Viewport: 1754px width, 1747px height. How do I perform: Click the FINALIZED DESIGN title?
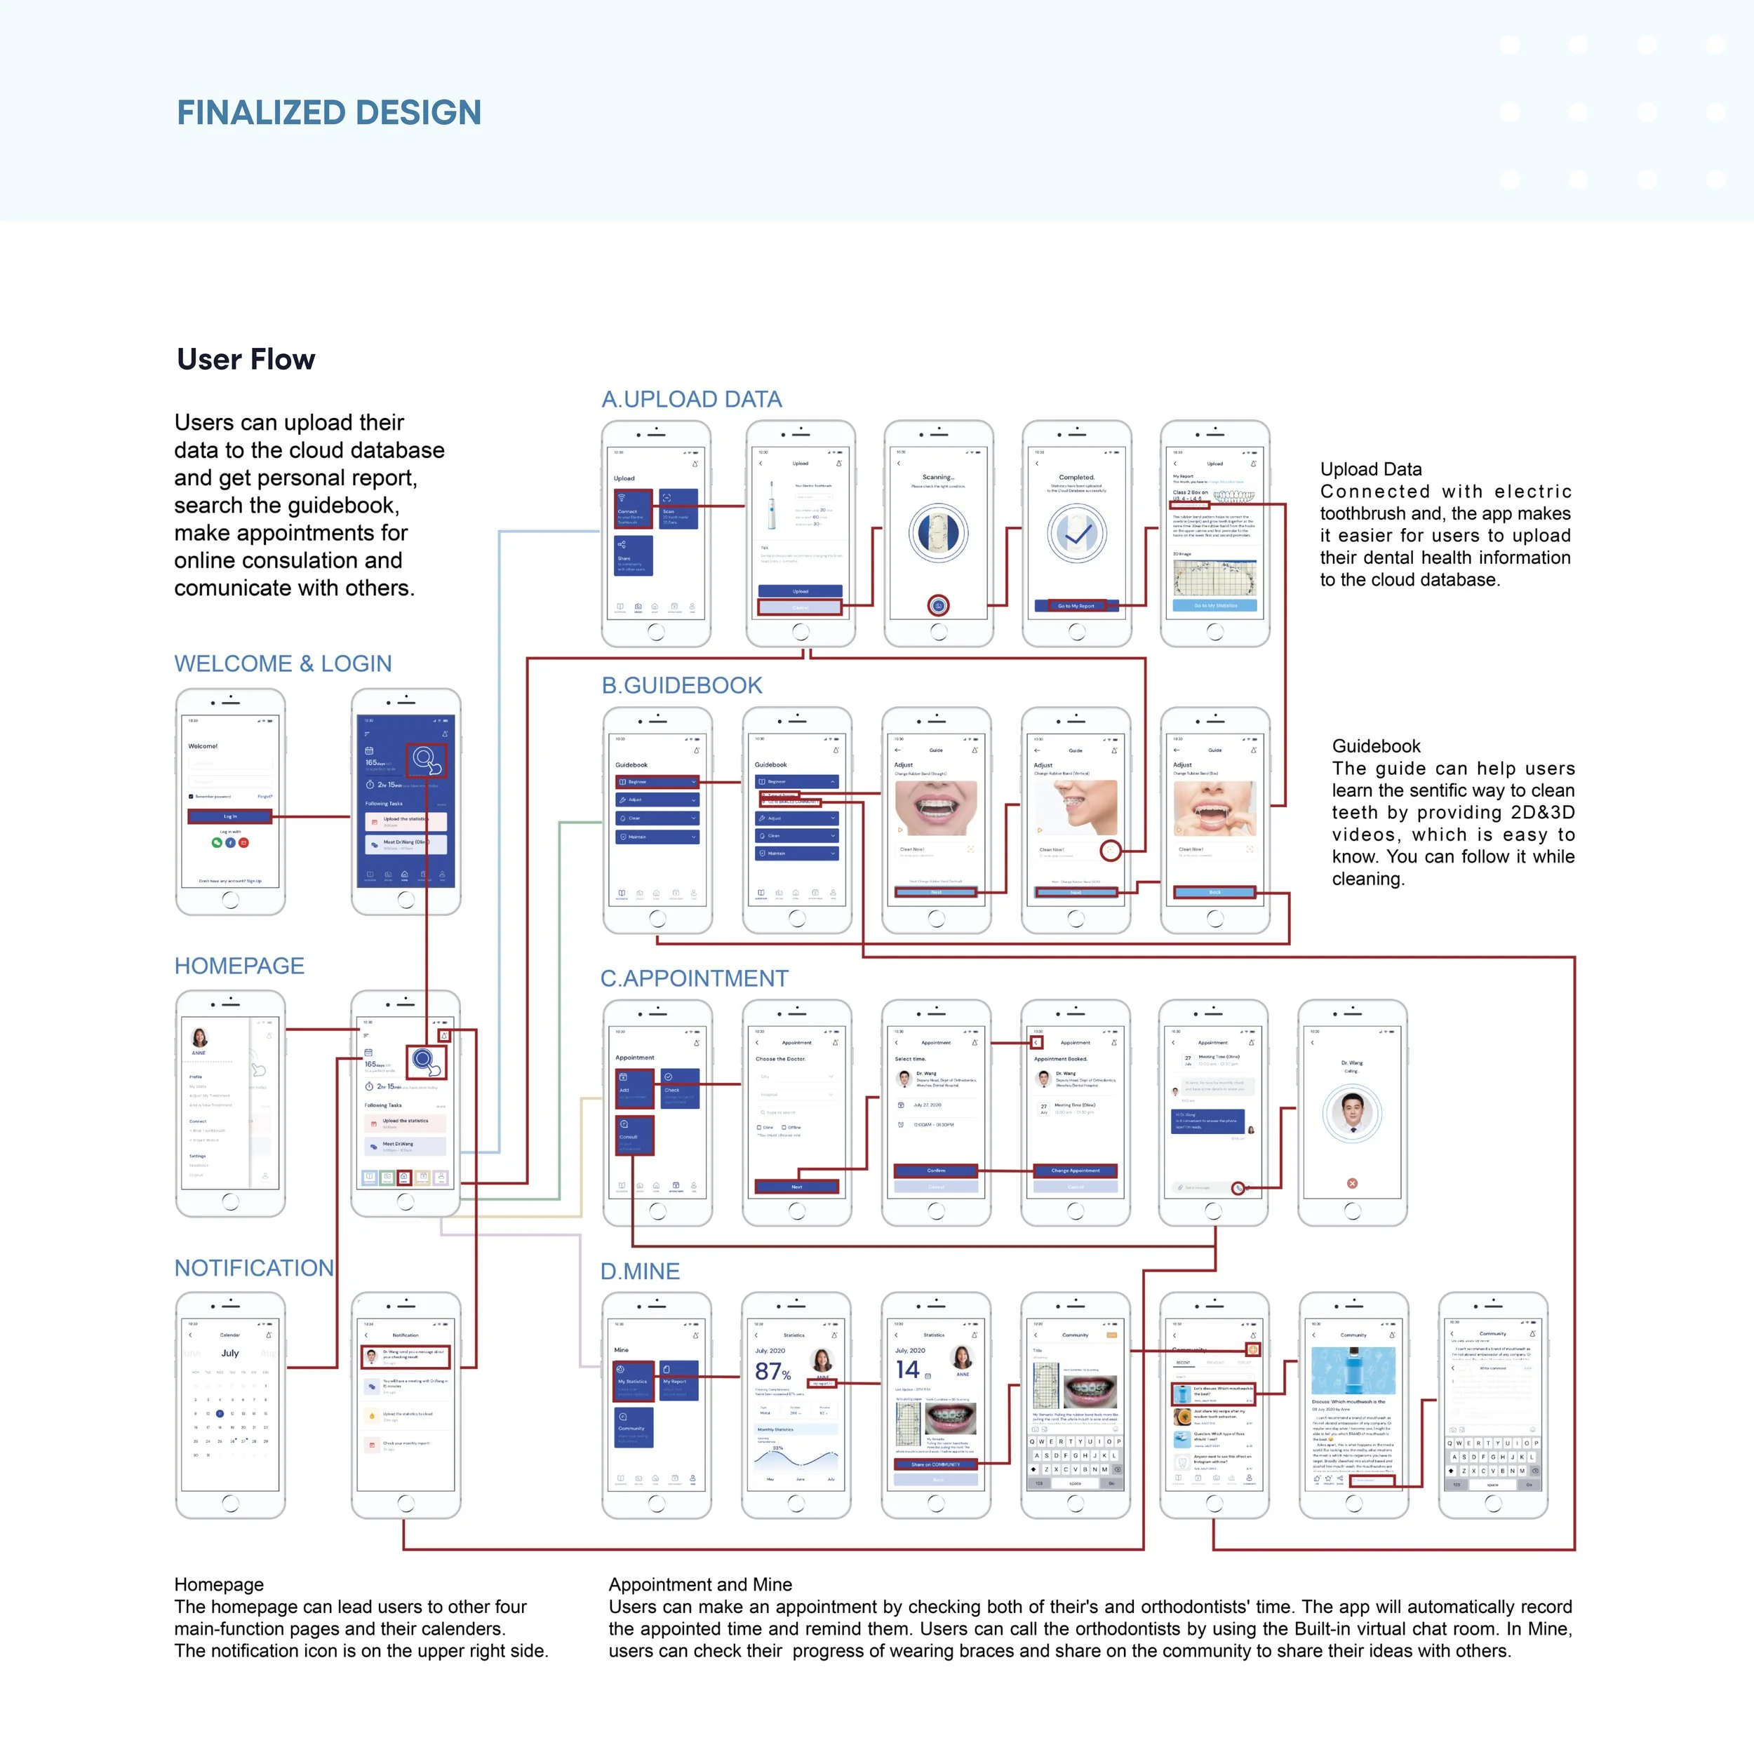click(328, 112)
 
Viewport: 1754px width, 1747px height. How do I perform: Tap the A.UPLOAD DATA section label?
click(691, 399)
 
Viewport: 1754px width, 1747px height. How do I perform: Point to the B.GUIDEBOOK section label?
click(682, 685)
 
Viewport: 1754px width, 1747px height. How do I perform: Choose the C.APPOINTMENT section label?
click(695, 978)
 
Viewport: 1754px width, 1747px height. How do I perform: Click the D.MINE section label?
click(640, 1272)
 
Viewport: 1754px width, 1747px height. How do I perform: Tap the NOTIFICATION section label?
click(254, 1268)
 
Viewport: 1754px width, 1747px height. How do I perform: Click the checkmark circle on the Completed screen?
click(1077, 534)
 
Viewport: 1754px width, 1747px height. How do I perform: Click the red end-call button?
click(1352, 1183)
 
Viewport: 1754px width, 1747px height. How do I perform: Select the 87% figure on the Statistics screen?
click(772, 1371)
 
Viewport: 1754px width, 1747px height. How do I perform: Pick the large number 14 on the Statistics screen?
click(908, 1370)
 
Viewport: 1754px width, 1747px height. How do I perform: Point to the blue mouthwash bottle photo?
click(1353, 1370)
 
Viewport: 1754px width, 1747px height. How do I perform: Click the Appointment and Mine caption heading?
click(700, 1584)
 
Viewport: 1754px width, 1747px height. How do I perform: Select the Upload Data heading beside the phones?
click(1371, 469)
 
